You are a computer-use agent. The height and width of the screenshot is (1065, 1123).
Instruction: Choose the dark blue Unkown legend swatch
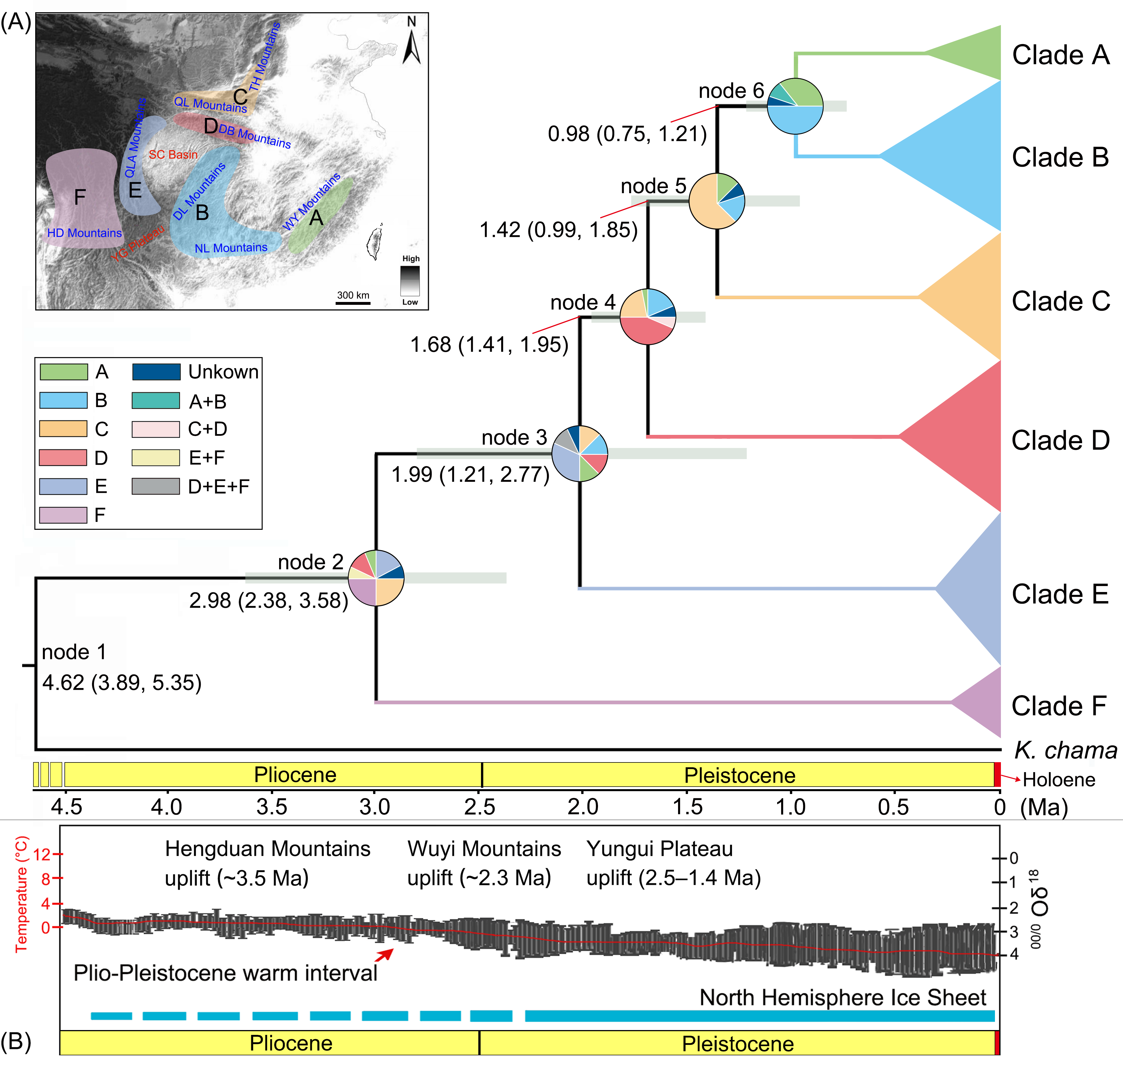(156, 372)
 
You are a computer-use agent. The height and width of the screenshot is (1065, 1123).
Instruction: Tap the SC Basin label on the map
(173, 155)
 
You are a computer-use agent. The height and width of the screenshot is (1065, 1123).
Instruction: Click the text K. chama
(1065, 751)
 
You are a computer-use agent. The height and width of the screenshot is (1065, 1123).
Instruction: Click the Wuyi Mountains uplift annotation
(484, 863)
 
